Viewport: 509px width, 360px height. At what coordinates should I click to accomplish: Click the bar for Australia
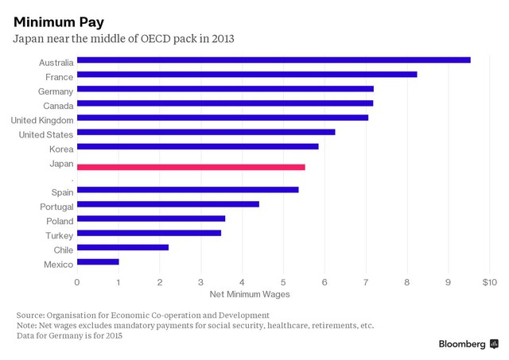[x=274, y=60]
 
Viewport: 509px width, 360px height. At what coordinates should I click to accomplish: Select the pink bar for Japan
[x=191, y=167]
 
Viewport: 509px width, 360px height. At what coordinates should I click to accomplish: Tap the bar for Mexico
[x=98, y=261]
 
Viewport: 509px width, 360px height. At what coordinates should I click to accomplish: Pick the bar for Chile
[x=122, y=247]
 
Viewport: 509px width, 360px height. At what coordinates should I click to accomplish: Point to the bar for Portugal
[x=168, y=204]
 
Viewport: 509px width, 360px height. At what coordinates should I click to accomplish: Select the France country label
[x=60, y=77]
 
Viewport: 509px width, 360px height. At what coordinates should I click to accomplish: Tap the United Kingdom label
[x=42, y=120]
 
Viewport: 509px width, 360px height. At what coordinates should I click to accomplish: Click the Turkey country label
[x=60, y=236]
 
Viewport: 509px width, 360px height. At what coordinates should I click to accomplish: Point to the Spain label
[x=62, y=192]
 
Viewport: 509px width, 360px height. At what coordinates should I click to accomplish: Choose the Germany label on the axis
[x=55, y=91]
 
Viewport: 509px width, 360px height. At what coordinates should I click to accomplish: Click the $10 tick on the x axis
[x=488, y=282]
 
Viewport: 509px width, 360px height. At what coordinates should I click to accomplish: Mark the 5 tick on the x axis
[x=283, y=282]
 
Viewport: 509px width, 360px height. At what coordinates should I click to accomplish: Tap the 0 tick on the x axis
[x=77, y=282]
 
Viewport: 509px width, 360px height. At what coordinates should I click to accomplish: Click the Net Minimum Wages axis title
[x=249, y=294]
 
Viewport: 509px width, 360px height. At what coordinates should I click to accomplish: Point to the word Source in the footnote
[x=30, y=315]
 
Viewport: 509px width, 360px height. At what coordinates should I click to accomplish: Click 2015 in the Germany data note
[x=111, y=335]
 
